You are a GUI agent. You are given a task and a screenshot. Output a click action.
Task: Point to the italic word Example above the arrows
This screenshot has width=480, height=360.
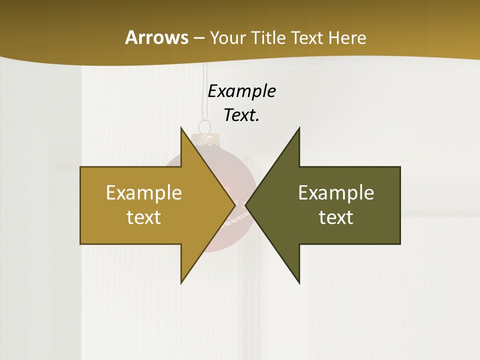coord(241,91)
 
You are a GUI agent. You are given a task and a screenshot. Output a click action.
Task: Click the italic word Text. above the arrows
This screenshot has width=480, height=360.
coord(241,115)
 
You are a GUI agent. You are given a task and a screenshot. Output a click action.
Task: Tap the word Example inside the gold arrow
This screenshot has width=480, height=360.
coord(144,192)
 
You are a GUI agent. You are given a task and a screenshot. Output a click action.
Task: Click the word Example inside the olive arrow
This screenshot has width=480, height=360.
coord(336,192)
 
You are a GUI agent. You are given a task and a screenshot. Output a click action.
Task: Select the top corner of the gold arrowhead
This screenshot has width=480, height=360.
coord(181,128)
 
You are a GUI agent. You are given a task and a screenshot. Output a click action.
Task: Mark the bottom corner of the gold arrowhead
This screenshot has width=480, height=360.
coord(181,283)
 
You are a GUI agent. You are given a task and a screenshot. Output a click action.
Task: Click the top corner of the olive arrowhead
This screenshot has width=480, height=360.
coord(299,128)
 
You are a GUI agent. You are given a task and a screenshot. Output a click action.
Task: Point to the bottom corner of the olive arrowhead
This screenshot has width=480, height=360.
coord(299,283)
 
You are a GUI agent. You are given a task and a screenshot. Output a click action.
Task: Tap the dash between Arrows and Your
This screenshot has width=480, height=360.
coord(198,38)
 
